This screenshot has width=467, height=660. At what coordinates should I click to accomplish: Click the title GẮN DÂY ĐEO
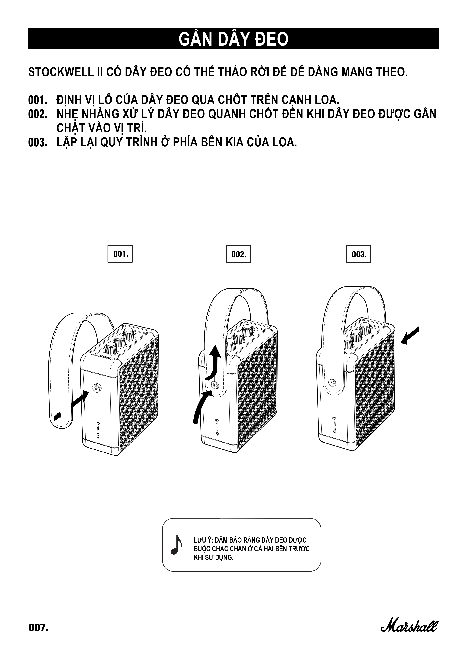click(x=233, y=39)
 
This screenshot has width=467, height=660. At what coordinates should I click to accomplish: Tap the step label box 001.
click(x=120, y=254)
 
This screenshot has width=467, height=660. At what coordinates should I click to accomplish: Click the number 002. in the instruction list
click(x=37, y=114)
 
